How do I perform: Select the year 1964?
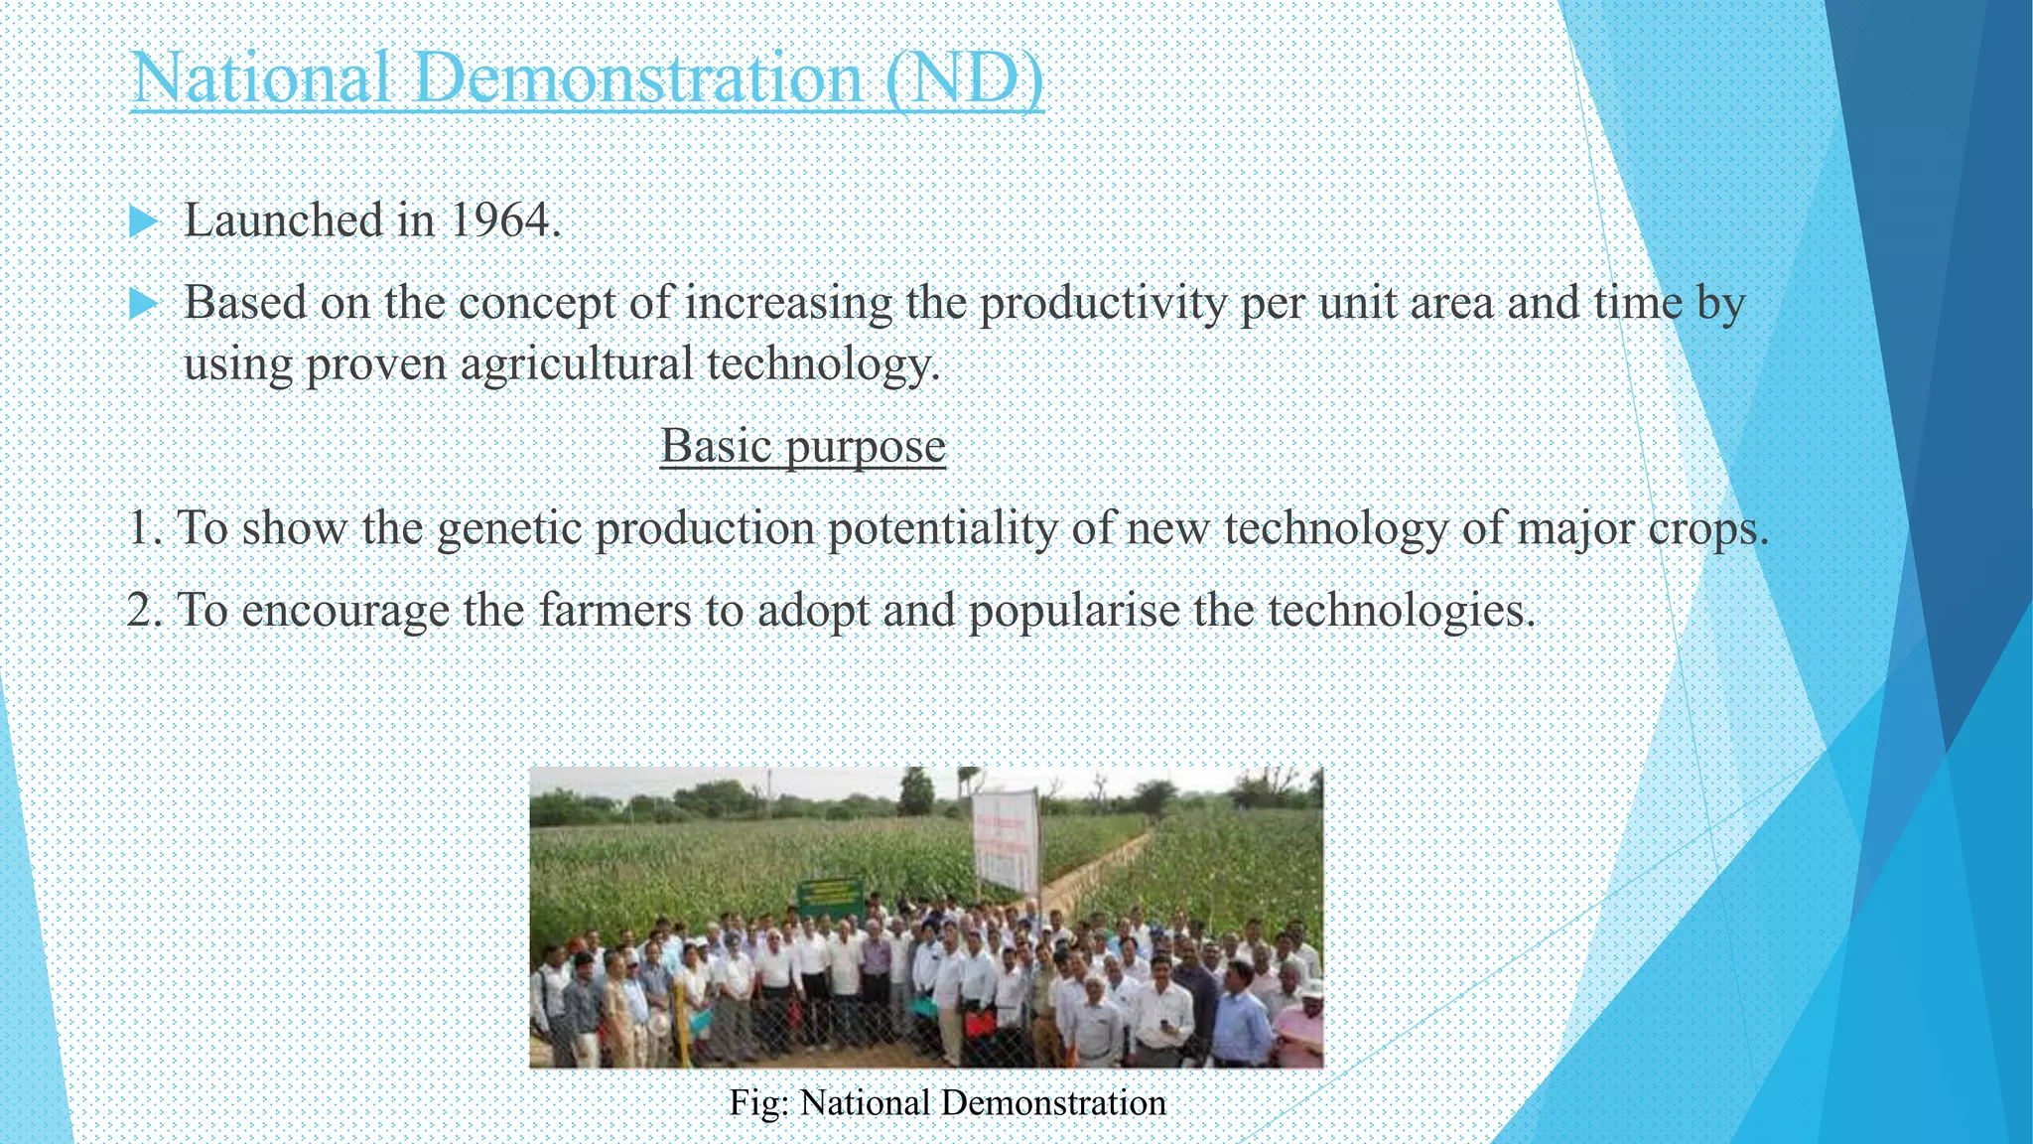pyautogui.click(x=505, y=220)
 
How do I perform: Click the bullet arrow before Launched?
pyautogui.click(x=144, y=220)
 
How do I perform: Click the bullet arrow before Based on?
pyautogui.click(x=144, y=303)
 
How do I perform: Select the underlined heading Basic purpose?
pyautogui.click(x=802, y=446)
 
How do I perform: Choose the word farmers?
pyautogui.click(x=614, y=610)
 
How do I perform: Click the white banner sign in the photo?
pyautogui.click(x=1006, y=839)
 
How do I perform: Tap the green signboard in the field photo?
pyautogui.click(x=830, y=897)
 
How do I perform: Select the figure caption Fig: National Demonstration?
pyautogui.click(x=947, y=1103)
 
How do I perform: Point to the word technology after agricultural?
pyautogui.click(x=823, y=363)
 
